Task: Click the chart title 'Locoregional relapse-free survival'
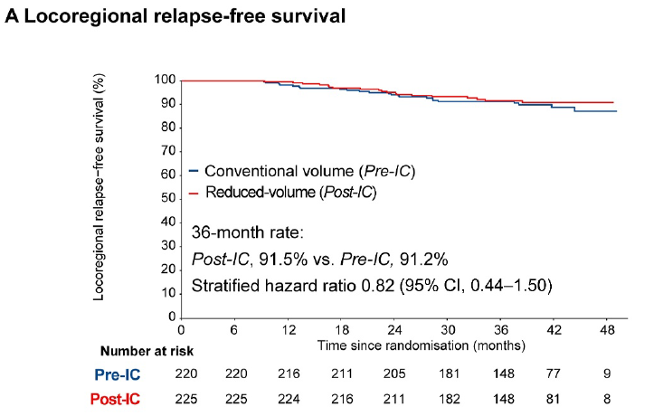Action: click(185, 16)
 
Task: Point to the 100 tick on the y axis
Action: click(166, 80)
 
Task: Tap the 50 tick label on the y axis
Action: click(168, 197)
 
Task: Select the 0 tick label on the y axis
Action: click(172, 317)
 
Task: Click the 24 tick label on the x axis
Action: click(394, 330)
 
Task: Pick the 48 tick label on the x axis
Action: click(607, 330)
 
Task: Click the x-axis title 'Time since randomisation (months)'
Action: click(422, 345)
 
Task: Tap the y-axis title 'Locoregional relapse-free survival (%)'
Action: click(99, 187)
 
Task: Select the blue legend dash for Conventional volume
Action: click(194, 171)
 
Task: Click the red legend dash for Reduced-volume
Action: click(194, 193)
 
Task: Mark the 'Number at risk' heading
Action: click(147, 352)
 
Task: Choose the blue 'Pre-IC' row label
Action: click(118, 374)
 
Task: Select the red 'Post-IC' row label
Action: click(115, 400)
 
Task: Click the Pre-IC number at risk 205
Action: click(394, 373)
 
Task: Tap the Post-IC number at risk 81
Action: click(553, 399)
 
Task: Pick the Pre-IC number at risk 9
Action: click(607, 373)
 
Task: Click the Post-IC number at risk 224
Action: click(289, 399)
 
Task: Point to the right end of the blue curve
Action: click(617, 111)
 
